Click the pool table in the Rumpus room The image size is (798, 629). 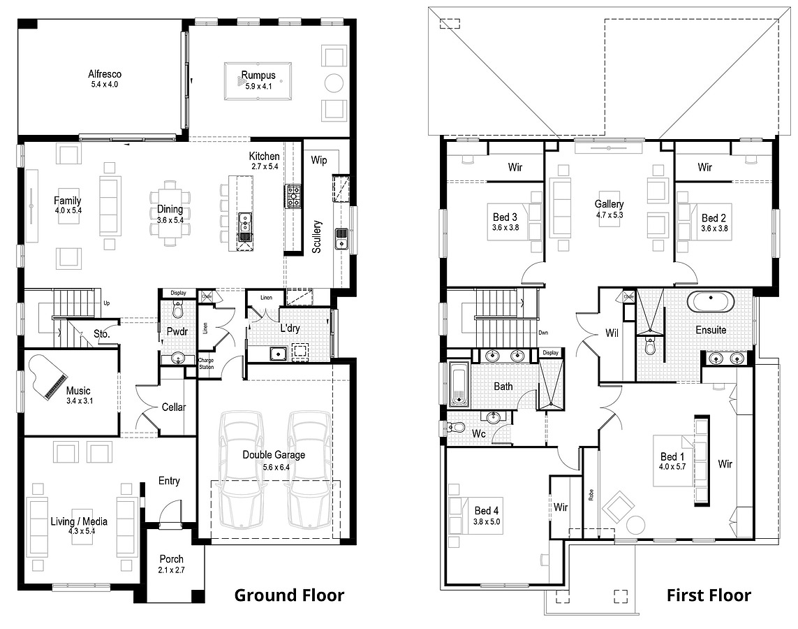(x=258, y=81)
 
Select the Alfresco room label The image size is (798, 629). (x=105, y=74)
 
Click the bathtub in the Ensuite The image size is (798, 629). (x=711, y=302)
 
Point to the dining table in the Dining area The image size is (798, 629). (x=170, y=214)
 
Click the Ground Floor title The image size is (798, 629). (x=288, y=595)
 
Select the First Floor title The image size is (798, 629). (x=708, y=595)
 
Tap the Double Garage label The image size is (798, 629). (x=274, y=455)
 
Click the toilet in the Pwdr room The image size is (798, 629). (x=177, y=309)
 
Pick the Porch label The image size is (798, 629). (x=171, y=559)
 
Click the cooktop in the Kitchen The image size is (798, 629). (x=293, y=196)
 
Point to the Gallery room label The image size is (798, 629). (x=609, y=204)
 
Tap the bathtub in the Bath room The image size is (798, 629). (x=459, y=384)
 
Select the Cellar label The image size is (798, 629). (x=173, y=407)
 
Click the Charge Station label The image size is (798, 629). (x=207, y=364)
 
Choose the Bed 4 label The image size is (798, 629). (x=487, y=511)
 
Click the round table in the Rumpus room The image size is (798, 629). (x=334, y=82)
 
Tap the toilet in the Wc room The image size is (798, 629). (x=457, y=427)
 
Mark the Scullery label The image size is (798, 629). (x=317, y=236)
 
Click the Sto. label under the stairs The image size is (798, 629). (x=102, y=334)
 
